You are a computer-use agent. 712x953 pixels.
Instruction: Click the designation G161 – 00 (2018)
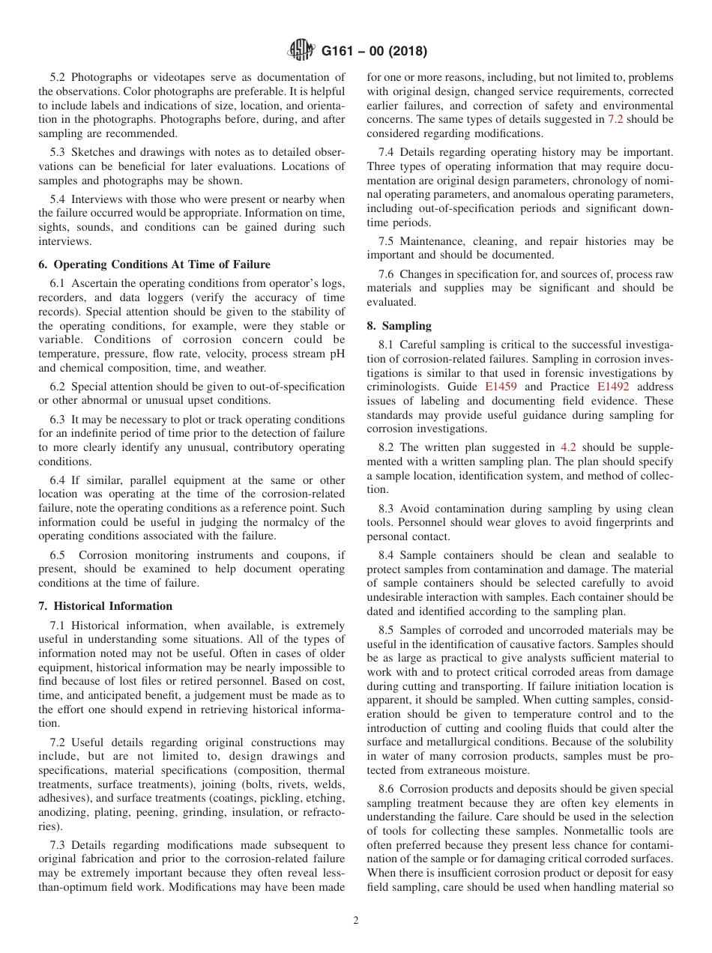[x=374, y=52]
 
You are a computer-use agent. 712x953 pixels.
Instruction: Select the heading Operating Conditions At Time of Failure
[x=154, y=264]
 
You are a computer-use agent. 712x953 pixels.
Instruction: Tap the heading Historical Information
[x=105, y=606]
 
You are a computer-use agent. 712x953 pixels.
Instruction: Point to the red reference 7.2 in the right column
[x=615, y=119]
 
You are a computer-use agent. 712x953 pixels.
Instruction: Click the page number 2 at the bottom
[x=356, y=921]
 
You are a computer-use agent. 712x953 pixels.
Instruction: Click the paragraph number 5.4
[x=59, y=199]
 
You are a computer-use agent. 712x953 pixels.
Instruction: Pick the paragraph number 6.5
[x=59, y=555]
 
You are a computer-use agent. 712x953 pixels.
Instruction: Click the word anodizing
[x=65, y=813]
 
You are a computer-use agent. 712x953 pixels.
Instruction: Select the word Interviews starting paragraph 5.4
[x=100, y=199]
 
